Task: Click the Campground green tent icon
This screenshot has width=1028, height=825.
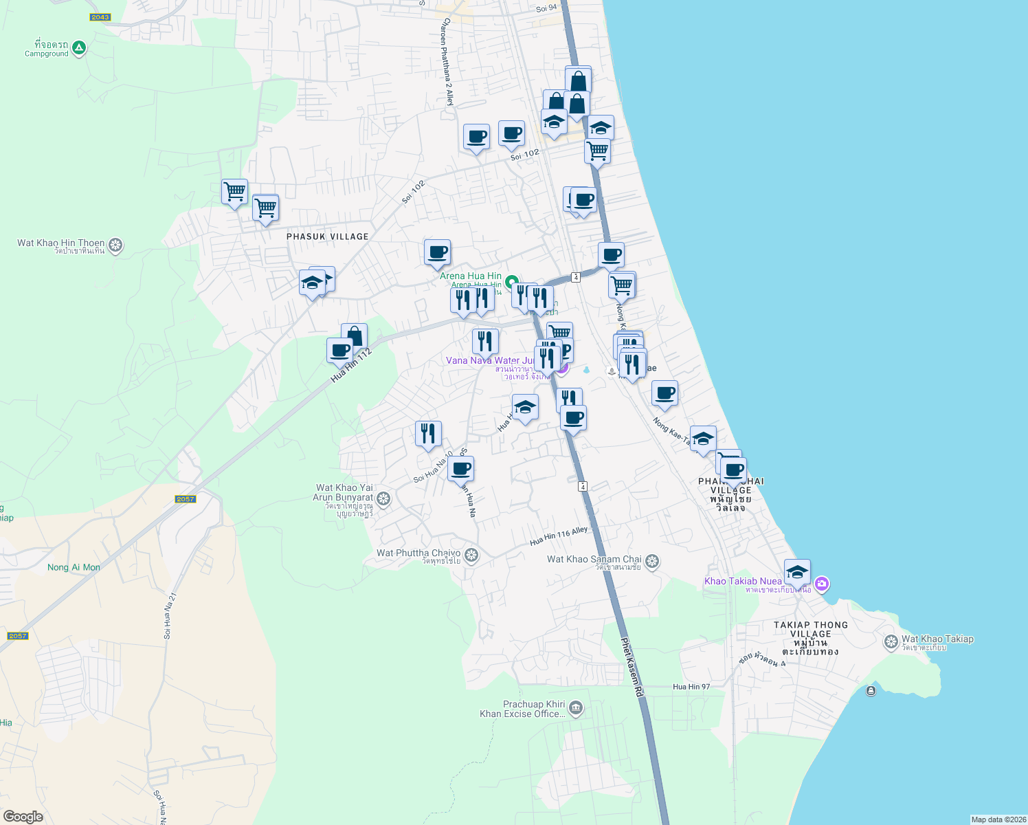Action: [79, 47]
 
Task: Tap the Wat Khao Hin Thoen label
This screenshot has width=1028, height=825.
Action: [61, 243]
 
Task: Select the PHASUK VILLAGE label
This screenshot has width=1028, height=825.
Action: [327, 236]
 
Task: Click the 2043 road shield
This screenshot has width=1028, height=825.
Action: [100, 17]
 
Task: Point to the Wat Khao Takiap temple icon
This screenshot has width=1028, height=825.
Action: [891, 642]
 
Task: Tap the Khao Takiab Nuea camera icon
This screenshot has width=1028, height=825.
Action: [822, 584]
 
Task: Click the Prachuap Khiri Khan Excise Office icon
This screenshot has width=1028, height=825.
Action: [576, 707]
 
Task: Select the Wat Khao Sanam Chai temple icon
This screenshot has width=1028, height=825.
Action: [652, 562]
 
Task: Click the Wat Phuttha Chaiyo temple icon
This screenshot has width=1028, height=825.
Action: [471, 555]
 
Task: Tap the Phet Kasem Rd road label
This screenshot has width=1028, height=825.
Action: [632, 668]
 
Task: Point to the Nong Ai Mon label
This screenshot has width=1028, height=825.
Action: [74, 567]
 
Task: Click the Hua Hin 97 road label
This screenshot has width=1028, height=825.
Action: [691, 687]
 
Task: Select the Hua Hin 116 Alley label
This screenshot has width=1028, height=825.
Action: [559, 536]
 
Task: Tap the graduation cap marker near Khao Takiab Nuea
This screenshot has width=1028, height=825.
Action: [797, 572]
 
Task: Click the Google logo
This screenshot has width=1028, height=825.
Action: [23, 816]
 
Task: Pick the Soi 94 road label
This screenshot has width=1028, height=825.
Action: [546, 9]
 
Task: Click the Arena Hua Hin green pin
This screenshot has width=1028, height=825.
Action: [511, 282]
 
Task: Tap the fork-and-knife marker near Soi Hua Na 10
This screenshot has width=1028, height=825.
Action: [428, 434]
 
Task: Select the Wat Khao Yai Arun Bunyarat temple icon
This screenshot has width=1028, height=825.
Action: [383, 498]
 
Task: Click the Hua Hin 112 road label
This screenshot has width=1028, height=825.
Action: [351, 365]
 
